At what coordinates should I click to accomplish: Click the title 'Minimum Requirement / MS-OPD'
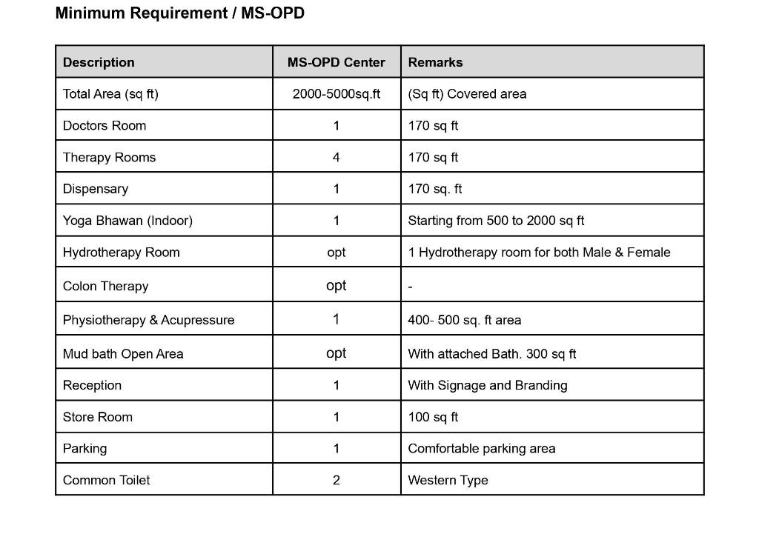click(x=179, y=13)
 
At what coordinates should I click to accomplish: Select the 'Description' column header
click(x=99, y=62)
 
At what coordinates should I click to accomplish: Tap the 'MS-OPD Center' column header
click(x=336, y=62)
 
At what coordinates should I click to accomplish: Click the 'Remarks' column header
click(x=435, y=62)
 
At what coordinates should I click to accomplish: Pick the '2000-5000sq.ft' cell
click(x=336, y=94)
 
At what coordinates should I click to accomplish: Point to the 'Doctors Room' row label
click(x=105, y=126)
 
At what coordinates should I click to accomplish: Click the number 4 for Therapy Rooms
click(x=336, y=158)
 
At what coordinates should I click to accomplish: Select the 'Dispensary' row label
click(x=96, y=189)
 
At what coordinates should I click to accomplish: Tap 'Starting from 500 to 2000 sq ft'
click(x=496, y=221)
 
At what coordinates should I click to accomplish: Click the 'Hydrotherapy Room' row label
click(x=122, y=253)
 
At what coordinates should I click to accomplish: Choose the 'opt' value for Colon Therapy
click(x=336, y=286)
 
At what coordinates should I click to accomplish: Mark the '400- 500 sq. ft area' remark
click(x=464, y=320)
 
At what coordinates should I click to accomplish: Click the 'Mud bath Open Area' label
click(x=123, y=354)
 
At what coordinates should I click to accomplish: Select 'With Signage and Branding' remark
click(x=487, y=385)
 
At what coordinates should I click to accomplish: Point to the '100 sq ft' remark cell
click(x=433, y=417)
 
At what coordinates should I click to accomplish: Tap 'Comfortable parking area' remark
click(x=481, y=449)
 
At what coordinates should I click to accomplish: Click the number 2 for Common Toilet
click(x=336, y=481)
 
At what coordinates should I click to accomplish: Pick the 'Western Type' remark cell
click(x=448, y=481)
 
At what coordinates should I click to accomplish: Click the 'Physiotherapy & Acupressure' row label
click(x=148, y=320)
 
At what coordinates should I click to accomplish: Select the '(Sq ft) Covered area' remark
click(x=467, y=94)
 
